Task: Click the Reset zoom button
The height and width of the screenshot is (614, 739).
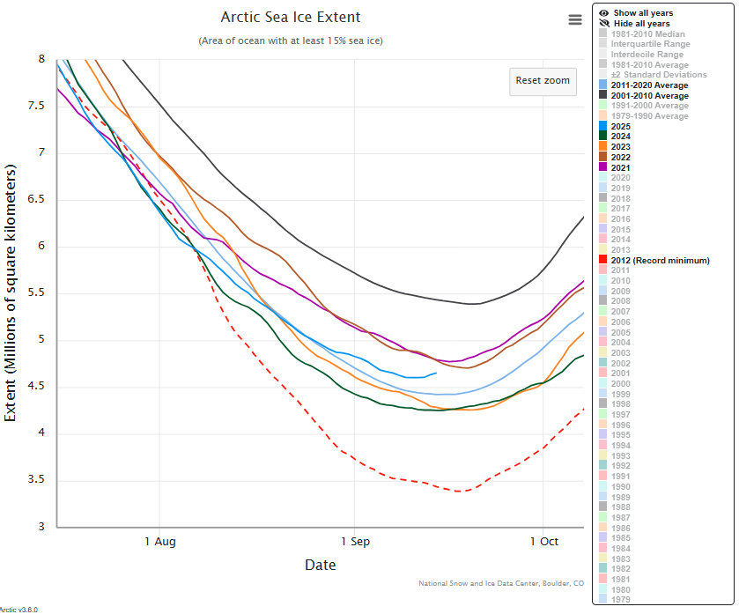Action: click(x=543, y=80)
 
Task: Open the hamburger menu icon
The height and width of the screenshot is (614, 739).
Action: click(x=575, y=20)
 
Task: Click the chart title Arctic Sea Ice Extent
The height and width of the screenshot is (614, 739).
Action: click(x=291, y=18)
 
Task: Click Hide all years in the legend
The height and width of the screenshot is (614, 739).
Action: click(x=641, y=24)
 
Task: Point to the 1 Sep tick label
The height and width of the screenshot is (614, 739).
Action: click(x=354, y=542)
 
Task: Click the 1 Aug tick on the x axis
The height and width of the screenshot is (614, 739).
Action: click(x=160, y=542)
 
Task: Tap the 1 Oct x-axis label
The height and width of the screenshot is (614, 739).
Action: click(x=543, y=542)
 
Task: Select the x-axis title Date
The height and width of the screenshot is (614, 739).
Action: click(x=320, y=565)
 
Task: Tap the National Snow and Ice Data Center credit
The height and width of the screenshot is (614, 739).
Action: click(x=501, y=583)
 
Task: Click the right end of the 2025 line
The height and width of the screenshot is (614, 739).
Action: click(x=437, y=373)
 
